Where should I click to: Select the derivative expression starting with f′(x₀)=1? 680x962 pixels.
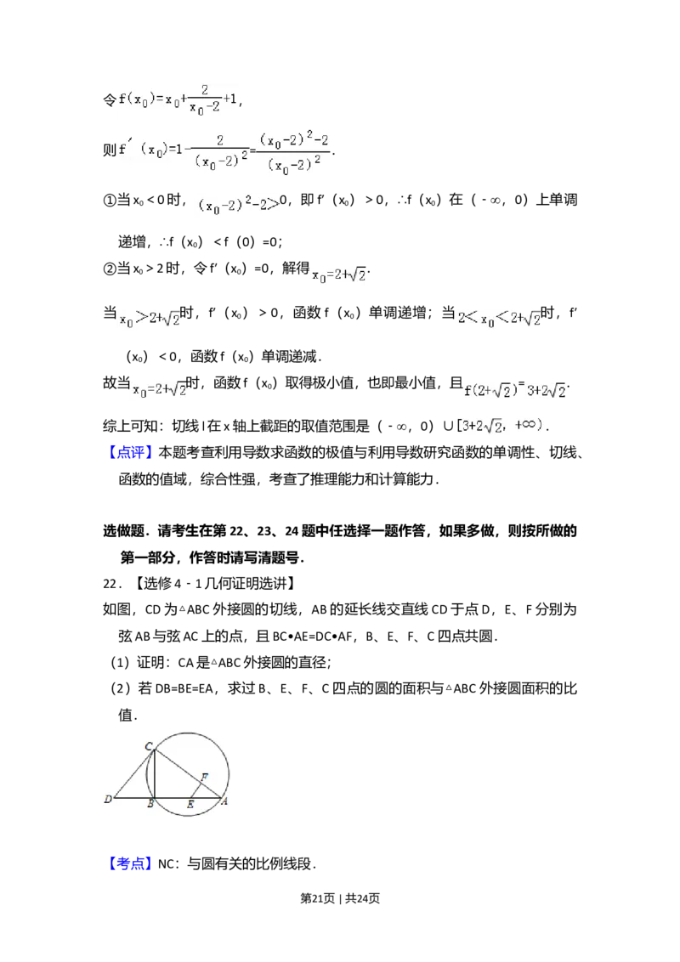click(183, 150)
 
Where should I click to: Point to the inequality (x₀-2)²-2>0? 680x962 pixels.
click(238, 204)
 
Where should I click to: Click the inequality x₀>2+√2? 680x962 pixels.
click(150, 319)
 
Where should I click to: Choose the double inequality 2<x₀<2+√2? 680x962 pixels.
click(496, 319)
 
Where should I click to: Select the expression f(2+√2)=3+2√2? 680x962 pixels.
click(517, 391)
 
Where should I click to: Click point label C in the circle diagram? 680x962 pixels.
click(149, 747)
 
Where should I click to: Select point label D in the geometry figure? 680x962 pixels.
click(108, 799)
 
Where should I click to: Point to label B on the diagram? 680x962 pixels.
click(150, 805)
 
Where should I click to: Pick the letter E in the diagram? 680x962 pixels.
click(190, 805)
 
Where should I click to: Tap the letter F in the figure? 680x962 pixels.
click(204, 777)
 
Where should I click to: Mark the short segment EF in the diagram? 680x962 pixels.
click(196, 789)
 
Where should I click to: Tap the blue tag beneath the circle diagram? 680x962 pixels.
click(131, 863)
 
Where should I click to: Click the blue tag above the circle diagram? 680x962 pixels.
click(131, 452)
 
